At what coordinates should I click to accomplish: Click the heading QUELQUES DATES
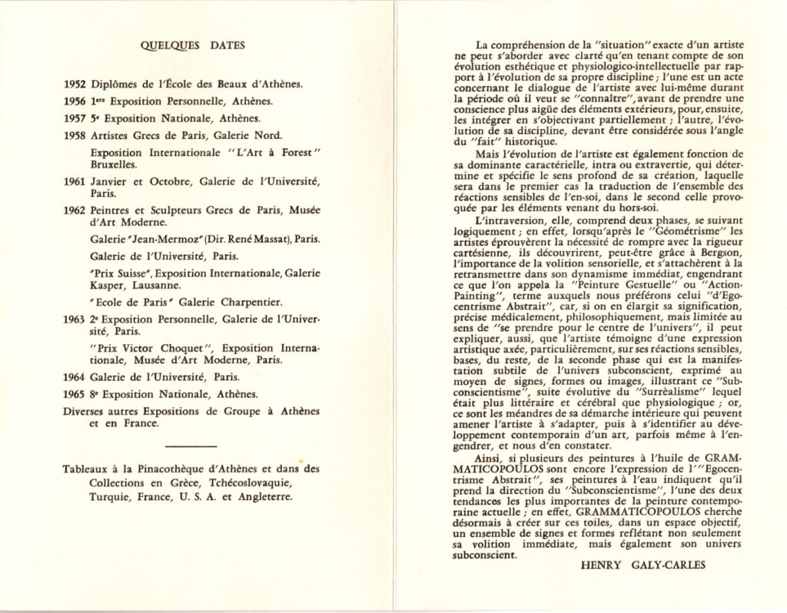(194, 45)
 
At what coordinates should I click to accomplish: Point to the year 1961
(75, 181)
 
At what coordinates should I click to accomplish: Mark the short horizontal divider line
(191, 446)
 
